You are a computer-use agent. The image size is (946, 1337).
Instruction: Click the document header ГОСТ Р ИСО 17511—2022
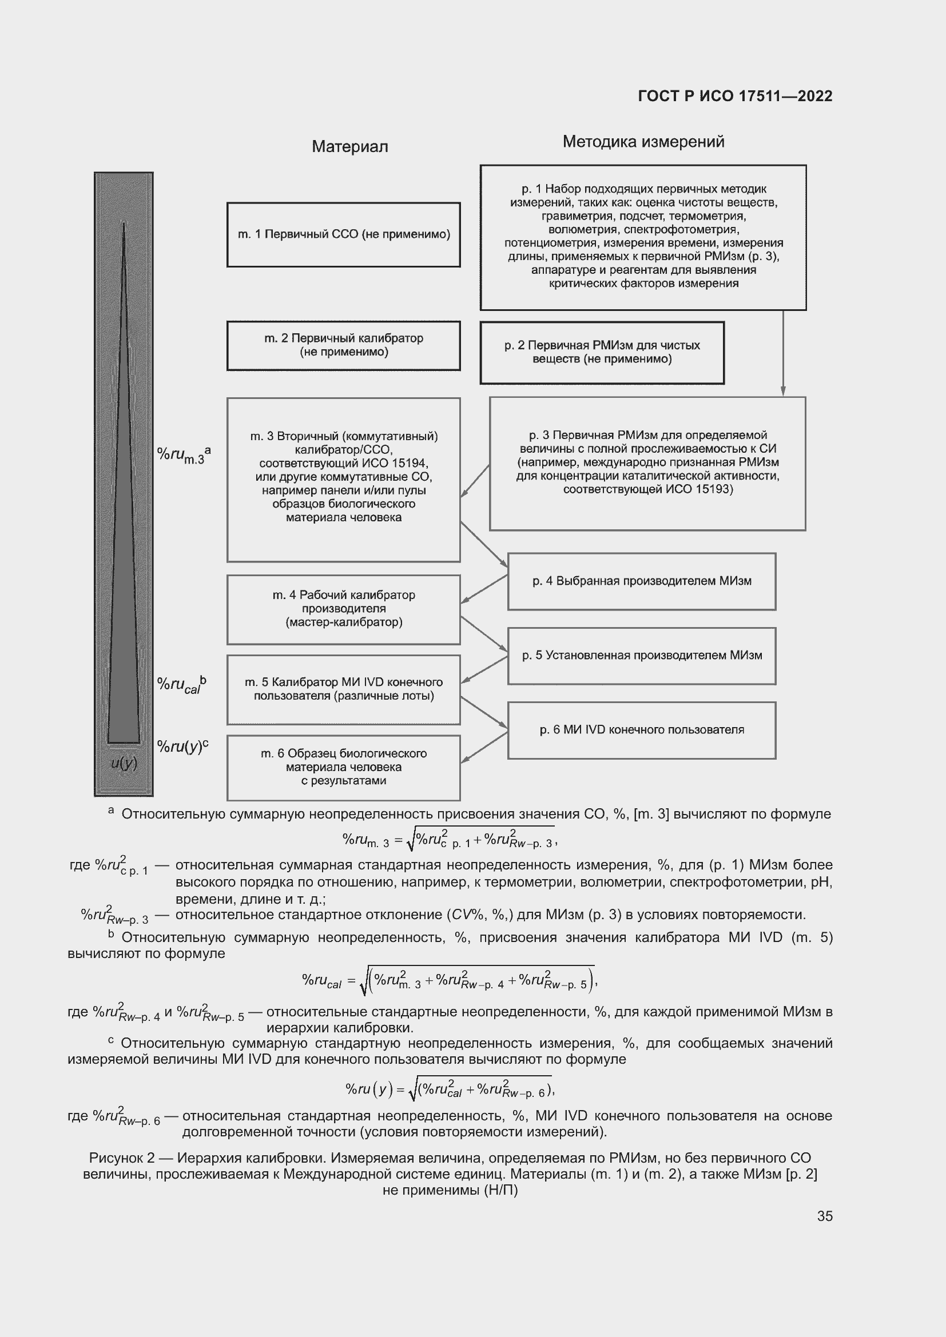[x=735, y=96]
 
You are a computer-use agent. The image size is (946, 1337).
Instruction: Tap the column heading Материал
[x=349, y=147]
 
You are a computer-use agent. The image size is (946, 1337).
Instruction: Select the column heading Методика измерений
[x=643, y=142]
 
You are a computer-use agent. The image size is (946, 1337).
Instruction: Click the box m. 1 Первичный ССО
[x=344, y=235]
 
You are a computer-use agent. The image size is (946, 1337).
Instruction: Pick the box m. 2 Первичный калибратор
[x=344, y=345]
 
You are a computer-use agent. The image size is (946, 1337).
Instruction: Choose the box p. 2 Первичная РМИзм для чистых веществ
[x=602, y=352]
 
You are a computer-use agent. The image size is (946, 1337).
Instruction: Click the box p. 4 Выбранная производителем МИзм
[x=641, y=581]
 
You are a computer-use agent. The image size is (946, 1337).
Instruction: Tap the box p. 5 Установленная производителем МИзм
[x=641, y=656]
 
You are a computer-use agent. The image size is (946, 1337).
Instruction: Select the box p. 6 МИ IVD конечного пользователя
[x=641, y=730]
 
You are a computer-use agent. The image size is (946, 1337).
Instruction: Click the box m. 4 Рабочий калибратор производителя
[x=344, y=609]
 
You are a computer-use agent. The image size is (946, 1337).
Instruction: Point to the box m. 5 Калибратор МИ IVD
[x=344, y=689]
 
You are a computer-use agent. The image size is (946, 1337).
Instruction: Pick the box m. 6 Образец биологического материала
[x=344, y=768]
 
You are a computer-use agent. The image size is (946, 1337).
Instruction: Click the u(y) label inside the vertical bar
[x=124, y=764]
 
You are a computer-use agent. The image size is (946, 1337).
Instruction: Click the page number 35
[x=824, y=1216]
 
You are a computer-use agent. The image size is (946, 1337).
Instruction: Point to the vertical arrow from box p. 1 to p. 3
[x=783, y=353]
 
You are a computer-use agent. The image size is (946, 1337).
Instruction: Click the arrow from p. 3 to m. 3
[x=475, y=481]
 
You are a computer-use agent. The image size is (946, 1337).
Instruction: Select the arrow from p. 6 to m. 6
[x=484, y=747]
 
